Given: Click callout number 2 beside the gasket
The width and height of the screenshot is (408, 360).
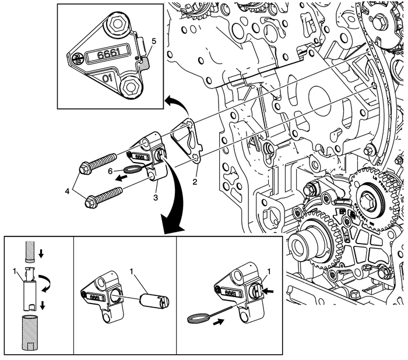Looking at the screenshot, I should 195,182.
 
